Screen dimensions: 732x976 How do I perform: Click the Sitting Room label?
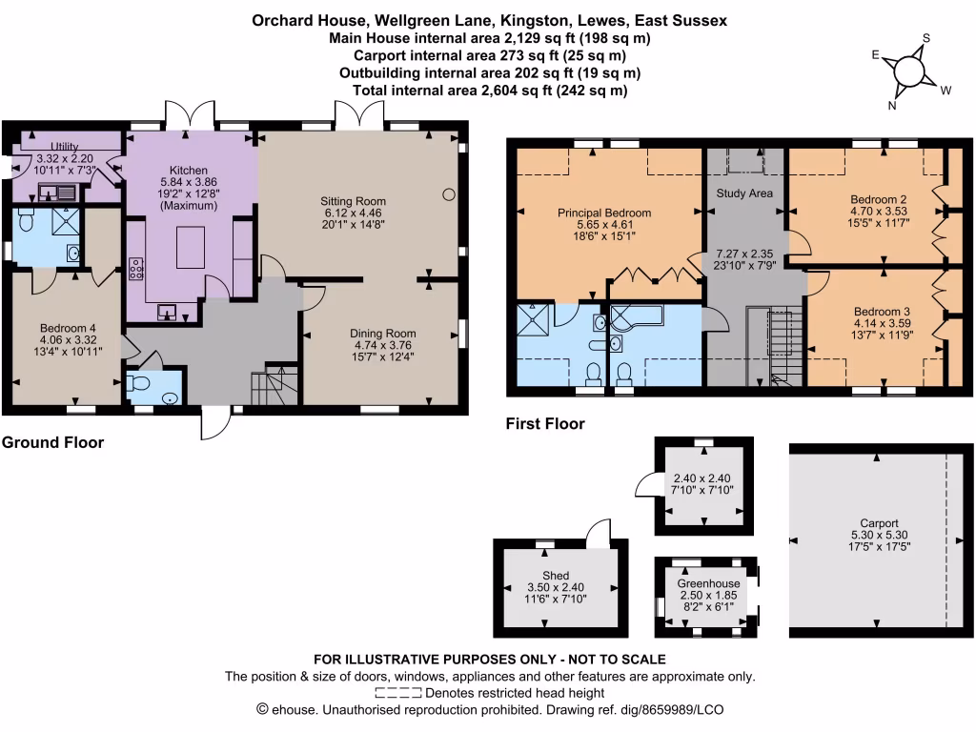click(353, 201)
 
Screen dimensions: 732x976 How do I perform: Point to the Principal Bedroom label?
click(604, 213)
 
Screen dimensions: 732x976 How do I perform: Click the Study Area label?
click(743, 193)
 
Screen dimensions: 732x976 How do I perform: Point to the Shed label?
click(556, 575)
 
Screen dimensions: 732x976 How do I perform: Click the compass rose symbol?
click(909, 71)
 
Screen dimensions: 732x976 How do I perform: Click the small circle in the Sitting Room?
click(448, 194)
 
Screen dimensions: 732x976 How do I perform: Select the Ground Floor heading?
click(52, 442)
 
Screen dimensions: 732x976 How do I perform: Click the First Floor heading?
click(545, 423)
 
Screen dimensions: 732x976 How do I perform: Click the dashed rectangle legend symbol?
click(398, 693)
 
